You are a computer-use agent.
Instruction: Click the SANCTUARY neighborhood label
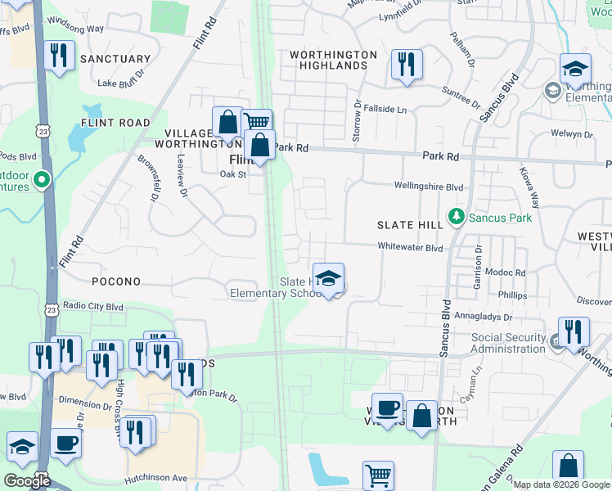115,59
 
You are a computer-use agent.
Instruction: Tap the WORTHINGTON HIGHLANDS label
333,61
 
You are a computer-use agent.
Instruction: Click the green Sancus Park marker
456,218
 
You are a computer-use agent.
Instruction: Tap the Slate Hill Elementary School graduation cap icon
328,279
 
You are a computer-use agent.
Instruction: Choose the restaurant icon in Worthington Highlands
407,65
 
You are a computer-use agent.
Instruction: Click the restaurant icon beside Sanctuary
57,56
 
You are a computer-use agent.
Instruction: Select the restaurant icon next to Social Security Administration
574,332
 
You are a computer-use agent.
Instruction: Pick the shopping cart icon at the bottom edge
378,475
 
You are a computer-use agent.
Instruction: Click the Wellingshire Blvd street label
429,187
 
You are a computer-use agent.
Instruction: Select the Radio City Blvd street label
92,306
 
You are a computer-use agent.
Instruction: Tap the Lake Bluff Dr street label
120,82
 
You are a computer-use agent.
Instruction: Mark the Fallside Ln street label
385,109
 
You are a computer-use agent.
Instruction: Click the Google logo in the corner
27,481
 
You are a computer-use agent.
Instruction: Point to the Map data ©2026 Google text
560,484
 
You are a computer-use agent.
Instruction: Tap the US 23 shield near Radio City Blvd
52,310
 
